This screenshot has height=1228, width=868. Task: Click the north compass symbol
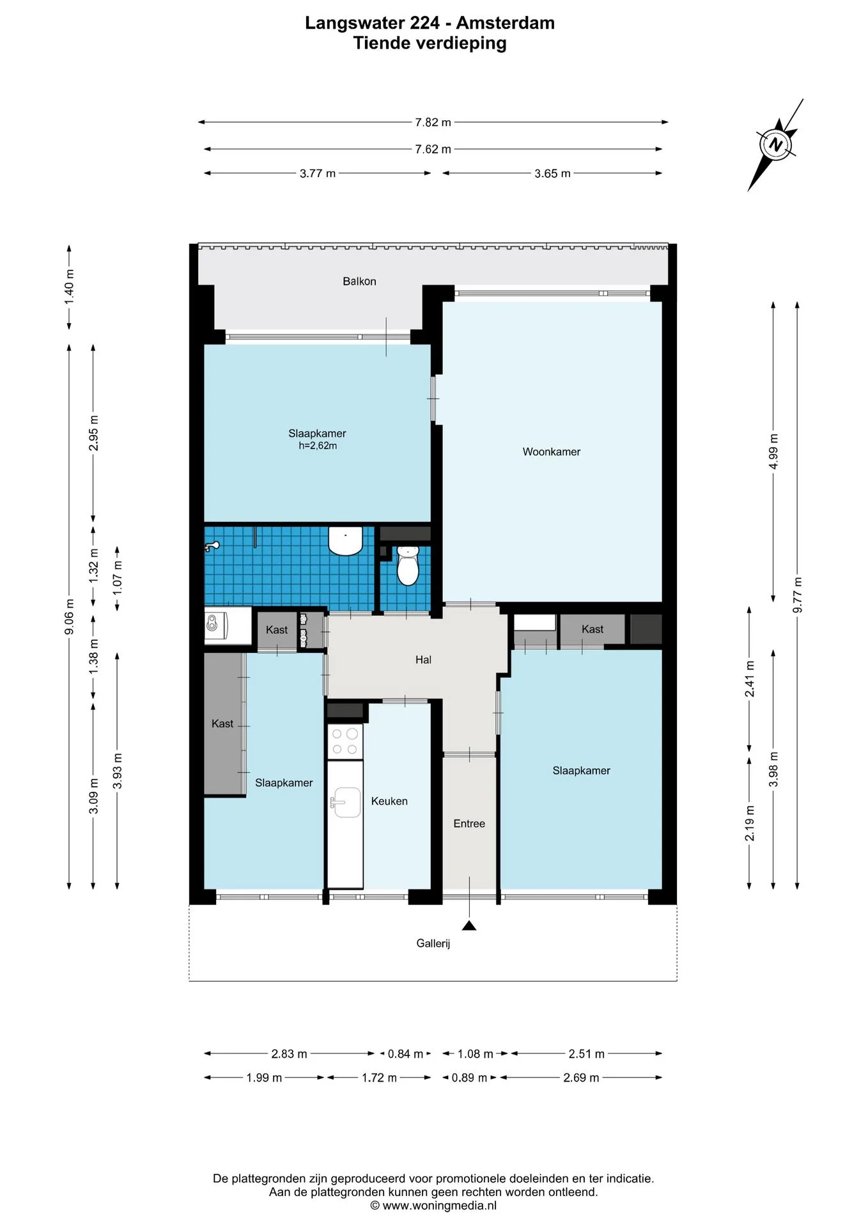(x=776, y=145)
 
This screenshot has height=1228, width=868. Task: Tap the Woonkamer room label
(x=552, y=452)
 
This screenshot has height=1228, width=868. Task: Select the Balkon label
(x=359, y=281)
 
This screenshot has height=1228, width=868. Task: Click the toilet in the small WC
(x=408, y=565)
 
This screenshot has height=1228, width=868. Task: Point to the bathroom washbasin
(x=346, y=540)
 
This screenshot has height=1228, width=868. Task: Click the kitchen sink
(x=346, y=802)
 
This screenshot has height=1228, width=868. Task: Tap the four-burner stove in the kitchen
(x=345, y=741)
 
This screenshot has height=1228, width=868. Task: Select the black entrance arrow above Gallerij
(x=470, y=925)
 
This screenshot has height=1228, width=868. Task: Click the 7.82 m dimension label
(x=433, y=122)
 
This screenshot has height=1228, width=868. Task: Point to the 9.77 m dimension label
(x=797, y=595)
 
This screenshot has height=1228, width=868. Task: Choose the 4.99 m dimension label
(x=773, y=452)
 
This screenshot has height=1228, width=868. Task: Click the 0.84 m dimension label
(x=405, y=1053)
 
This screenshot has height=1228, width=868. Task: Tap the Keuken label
(x=389, y=801)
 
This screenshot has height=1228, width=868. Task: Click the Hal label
(x=423, y=660)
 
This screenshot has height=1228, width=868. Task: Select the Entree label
(x=469, y=824)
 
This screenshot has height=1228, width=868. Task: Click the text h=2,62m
(x=318, y=446)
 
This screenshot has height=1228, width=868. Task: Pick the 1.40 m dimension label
(x=69, y=287)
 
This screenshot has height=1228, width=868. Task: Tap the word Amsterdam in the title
(x=505, y=23)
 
